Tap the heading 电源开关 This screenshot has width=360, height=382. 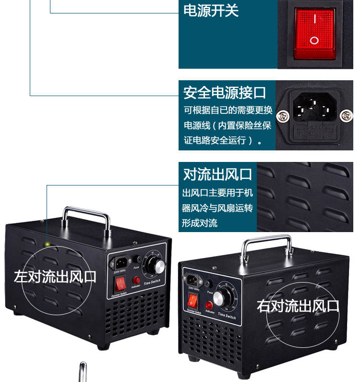[211, 11]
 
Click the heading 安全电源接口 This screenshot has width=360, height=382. [225, 92]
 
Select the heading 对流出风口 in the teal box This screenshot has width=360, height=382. [217, 174]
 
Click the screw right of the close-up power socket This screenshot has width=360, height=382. [347, 115]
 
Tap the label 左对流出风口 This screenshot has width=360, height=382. [55, 276]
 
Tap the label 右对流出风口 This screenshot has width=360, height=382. [298, 306]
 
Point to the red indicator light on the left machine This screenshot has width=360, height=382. [136, 280]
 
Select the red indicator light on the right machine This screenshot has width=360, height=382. [209, 305]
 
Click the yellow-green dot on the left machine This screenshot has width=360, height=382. [47, 245]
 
